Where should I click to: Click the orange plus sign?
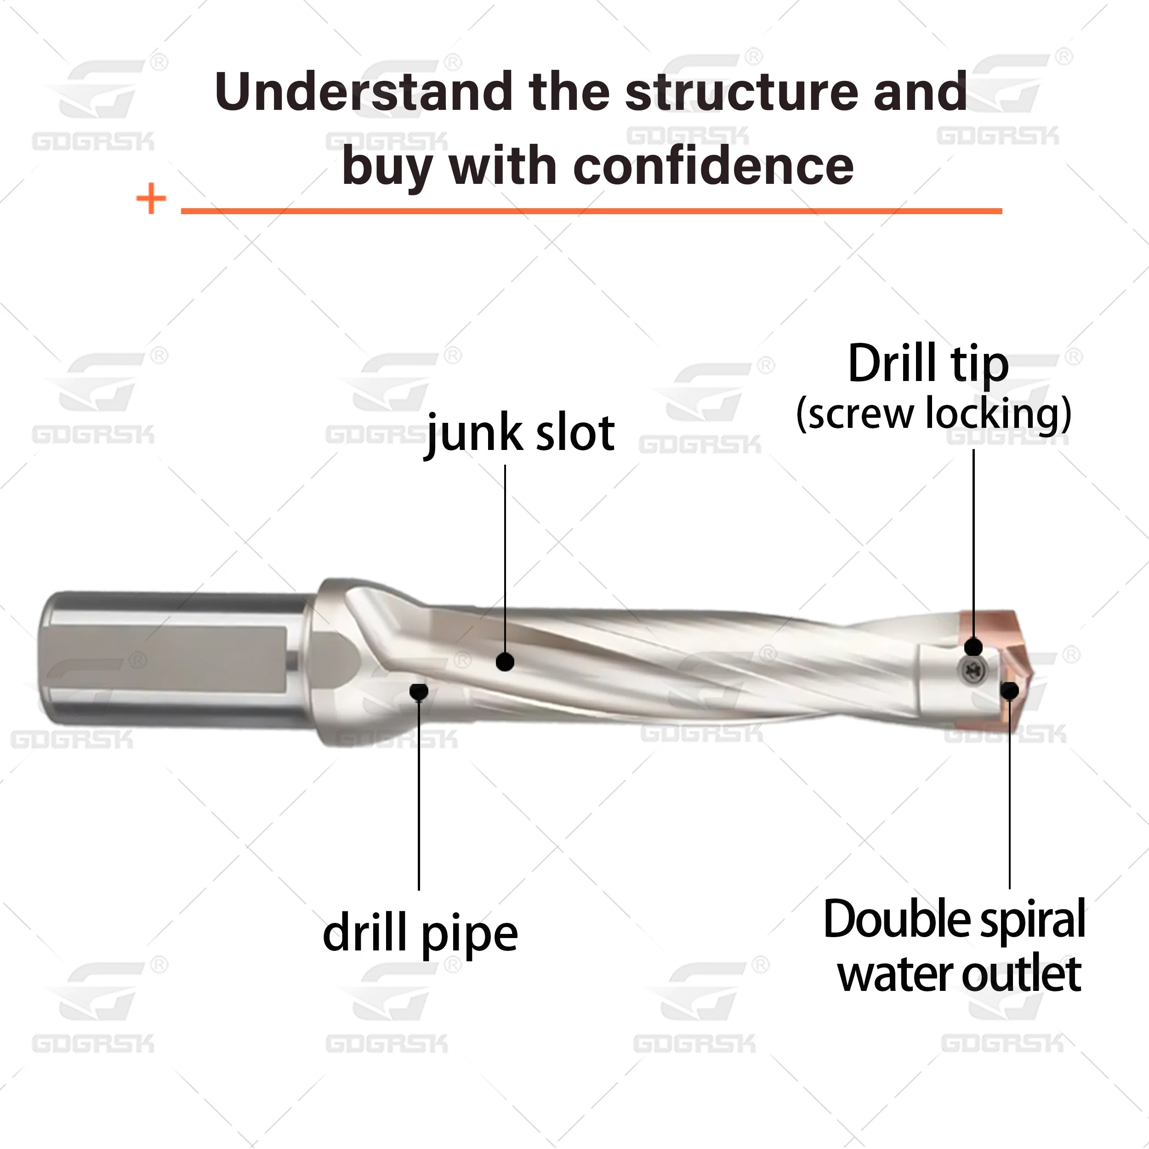[151, 198]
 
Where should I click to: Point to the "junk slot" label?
[520, 433]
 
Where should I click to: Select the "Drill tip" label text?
[928, 364]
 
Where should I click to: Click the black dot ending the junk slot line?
[505, 661]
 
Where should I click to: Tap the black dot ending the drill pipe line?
[419, 691]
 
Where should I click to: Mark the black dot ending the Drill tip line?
[973, 647]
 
